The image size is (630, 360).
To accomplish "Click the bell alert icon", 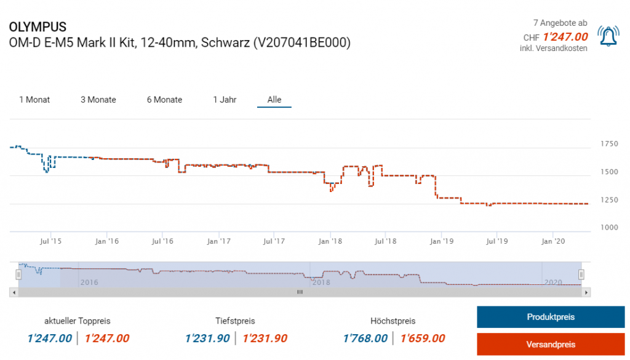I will pyautogui.click(x=608, y=37).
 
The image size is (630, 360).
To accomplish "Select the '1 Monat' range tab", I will pyautogui.click(x=34, y=100).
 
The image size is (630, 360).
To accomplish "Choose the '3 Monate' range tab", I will pyautogui.click(x=98, y=100).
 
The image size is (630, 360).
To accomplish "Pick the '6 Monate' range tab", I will pyautogui.click(x=164, y=100).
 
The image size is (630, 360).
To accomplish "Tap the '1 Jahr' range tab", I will pyautogui.click(x=225, y=100).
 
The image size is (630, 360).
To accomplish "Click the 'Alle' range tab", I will pyautogui.click(x=274, y=100).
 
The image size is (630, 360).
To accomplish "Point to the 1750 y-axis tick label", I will pyautogui.click(x=609, y=144).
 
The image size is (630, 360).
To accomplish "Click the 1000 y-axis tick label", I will pyautogui.click(x=609, y=228).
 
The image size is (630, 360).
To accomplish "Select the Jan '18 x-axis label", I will pyautogui.click(x=330, y=241).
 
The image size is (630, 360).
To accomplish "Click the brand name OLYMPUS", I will pyautogui.click(x=38, y=28).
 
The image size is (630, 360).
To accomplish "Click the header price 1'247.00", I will pyautogui.click(x=565, y=37).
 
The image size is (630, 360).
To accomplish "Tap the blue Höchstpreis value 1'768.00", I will pyautogui.click(x=365, y=338).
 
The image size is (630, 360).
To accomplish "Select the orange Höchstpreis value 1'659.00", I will pyautogui.click(x=423, y=338).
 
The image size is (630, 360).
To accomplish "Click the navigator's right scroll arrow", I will pyautogui.click(x=586, y=292).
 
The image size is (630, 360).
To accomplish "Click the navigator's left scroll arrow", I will pyautogui.click(x=14, y=292).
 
